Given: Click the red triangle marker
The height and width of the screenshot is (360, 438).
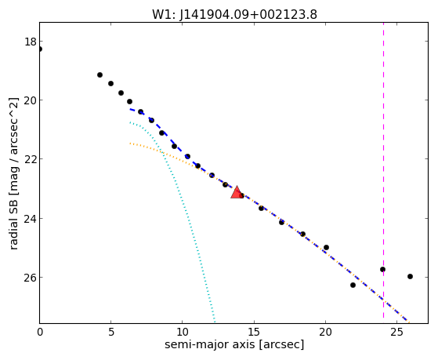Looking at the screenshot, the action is pyautogui.click(x=237, y=193).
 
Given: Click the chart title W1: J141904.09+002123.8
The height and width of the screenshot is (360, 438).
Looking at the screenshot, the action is pyautogui.click(x=234, y=14).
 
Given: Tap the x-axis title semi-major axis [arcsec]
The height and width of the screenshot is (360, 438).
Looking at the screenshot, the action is pyautogui.click(x=234, y=344).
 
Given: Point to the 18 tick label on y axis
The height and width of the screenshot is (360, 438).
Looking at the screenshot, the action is pyautogui.click(x=31, y=42).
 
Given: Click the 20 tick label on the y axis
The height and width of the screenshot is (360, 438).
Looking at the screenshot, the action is pyautogui.click(x=31, y=100).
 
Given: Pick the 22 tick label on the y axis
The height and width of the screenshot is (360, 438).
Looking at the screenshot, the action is pyautogui.click(x=31, y=159).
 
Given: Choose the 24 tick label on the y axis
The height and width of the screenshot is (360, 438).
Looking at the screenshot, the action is pyautogui.click(x=31, y=218).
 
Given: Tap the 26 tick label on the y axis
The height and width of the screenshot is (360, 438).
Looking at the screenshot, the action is pyautogui.click(x=31, y=277).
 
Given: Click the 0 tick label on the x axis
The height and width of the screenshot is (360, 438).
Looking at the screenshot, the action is pyautogui.click(x=40, y=333).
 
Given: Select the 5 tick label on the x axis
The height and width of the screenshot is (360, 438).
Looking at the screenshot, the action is pyautogui.click(x=111, y=333).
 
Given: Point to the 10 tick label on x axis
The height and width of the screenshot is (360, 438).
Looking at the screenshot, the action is pyautogui.click(x=182, y=333).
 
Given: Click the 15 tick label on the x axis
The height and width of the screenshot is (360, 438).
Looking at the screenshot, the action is pyautogui.click(x=254, y=333).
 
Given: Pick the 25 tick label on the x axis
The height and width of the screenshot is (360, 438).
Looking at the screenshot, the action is pyautogui.click(x=396, y=333).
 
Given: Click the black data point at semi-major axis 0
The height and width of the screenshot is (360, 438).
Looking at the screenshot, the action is pyautogui.click(x=40, y=49).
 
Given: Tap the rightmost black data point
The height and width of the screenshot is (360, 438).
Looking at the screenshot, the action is pyautogui.click(x=410, y=276).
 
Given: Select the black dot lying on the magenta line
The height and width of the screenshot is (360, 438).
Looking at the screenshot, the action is pyautogui.click(x=382, y=269).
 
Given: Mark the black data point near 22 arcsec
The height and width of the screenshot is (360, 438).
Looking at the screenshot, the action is pyautogui.click(x=353, y=285).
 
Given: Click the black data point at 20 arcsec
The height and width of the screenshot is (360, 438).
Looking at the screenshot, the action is pyautogui.click(x=326, y=247).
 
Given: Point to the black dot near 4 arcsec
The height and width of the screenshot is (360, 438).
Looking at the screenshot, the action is pyautogui.click(x=100, y=75).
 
